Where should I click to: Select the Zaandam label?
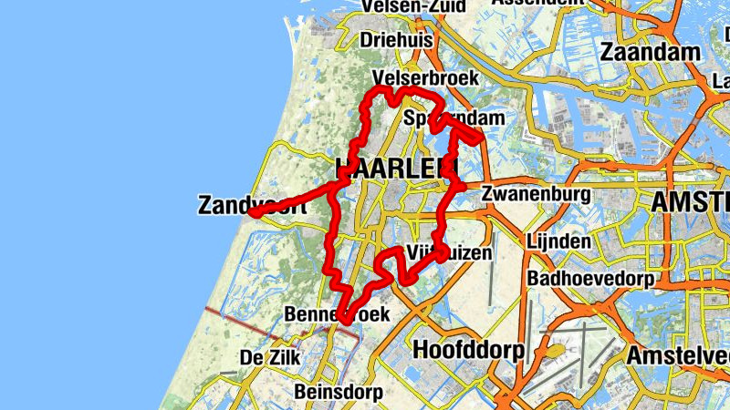coord(650,53)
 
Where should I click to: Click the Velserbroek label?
coord(426,78)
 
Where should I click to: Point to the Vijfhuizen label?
coord(448,251)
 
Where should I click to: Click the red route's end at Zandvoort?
coord(254,213)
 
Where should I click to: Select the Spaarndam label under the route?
coord(453,118)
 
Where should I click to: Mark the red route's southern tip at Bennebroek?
coord(346,320)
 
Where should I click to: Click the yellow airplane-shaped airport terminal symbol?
coord(553,349)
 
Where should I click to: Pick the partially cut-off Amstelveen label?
coord(680,355)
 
